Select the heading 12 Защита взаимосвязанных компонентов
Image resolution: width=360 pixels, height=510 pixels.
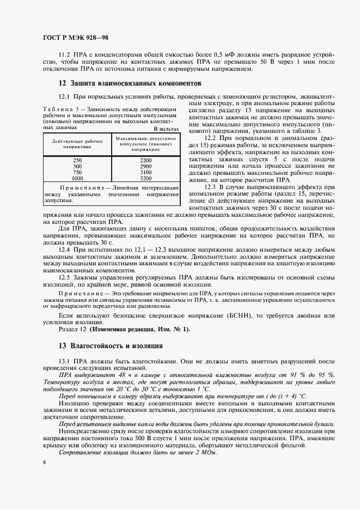click(x=130, y=83)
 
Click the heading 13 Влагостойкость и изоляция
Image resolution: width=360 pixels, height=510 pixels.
click(x=110, y=346)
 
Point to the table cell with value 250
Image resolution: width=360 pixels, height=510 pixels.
click(x=77, y=159)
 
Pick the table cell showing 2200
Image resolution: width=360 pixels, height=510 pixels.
click(x=145, y=159)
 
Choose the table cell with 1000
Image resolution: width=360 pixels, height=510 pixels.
click(x=77, y=178)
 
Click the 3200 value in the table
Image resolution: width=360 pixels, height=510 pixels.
click(x=145, y=178)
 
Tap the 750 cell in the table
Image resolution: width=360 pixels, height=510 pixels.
click(x=77, y=172)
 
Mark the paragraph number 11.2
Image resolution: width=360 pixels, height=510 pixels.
click(x=64, y=55)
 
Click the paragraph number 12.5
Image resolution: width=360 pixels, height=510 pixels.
click(x=64, y=277)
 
